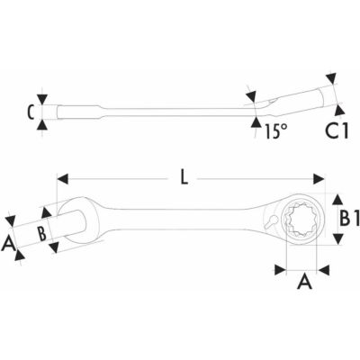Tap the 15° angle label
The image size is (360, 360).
(276, 131)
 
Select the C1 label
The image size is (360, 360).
(337, 131)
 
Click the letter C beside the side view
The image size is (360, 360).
(31, 112)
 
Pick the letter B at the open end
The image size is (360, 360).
(41, 233)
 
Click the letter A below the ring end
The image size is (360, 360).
(304, 282)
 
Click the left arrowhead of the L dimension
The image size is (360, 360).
(62, 179)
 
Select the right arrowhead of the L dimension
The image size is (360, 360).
(319, 179)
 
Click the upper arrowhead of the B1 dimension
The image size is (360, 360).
(338, 200)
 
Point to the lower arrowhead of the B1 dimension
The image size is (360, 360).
(338, 239)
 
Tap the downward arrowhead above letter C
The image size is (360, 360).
(42, 99)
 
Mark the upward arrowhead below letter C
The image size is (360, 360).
(42, 124)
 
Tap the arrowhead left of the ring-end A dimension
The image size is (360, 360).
(280, 270)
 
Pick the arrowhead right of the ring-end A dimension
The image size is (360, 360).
(324, 270)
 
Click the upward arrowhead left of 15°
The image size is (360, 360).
(256, 122)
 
